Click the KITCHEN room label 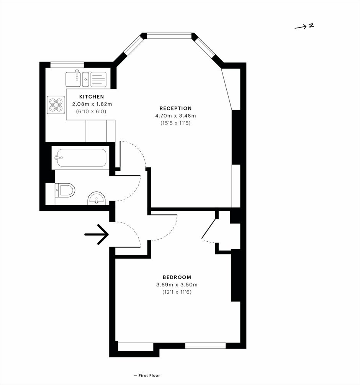tap(92, 97)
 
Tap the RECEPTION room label tap(175, 108)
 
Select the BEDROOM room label tap(177, 277)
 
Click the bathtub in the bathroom tap(82, 158)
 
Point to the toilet tap(65, 190)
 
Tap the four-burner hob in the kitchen tap(56, 105)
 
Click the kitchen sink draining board tap(98, 79)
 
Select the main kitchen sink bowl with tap tap(73, 79)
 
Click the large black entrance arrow tap(97, 234)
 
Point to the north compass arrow tap(300, 27)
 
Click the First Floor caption tap(149, 375)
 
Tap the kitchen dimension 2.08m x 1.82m tap(92, 104)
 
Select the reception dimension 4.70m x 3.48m tap(175, 116)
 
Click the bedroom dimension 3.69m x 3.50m tap(177, 285)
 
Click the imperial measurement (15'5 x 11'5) tap(175, 123)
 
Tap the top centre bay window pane tap(169, 36)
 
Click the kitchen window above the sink tap(67, 65)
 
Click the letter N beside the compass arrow tap(311, 25)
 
